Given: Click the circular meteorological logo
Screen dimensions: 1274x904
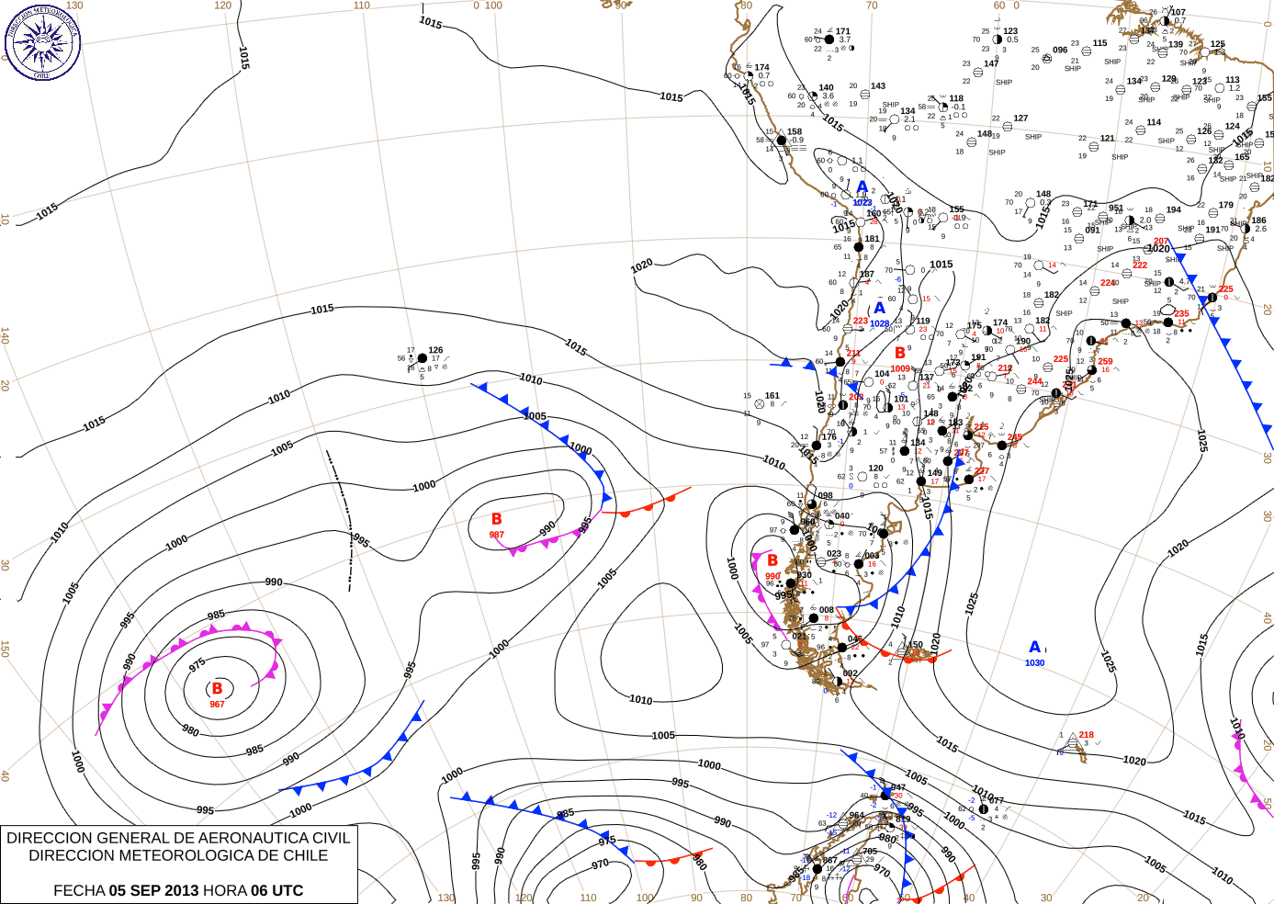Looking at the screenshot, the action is [x=42, y=42].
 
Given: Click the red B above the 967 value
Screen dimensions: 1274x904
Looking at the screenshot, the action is [x=217, y=688].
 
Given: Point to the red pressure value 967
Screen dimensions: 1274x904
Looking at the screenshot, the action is [x=217, y=705].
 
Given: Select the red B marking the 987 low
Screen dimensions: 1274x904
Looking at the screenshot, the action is [x=496, y=520].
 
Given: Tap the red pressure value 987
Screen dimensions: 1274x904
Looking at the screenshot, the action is [x=496, y=535].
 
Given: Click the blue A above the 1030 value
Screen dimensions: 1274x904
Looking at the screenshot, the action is [x=1034, y=648].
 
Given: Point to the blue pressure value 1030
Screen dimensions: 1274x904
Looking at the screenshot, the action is [x=1034, y=663].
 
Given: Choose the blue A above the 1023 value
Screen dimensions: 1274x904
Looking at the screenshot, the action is [x=862, y=188].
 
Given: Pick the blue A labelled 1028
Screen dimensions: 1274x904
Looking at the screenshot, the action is [x=879, y=309].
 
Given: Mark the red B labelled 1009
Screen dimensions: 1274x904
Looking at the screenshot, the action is [x=900, y=354].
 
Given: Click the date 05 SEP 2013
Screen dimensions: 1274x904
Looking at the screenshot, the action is [x=153, y=890].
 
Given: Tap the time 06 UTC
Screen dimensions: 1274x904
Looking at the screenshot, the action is [x=276, y=890].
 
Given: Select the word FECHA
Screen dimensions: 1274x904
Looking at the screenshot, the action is [x=79, y=890].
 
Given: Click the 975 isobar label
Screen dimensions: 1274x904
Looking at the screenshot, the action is [x=197, y=665].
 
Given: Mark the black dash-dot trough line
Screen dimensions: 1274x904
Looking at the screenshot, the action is [x=343, y=514].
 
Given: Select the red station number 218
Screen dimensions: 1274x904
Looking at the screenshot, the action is [x=1087, y=735].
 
